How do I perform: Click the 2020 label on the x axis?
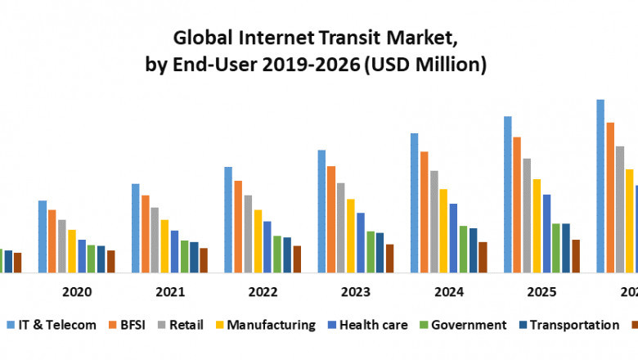[77, 292]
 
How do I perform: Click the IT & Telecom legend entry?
[57, 325]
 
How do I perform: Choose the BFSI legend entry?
[133, 325]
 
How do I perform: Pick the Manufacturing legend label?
[271, 325]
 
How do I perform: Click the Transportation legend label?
[574, 325]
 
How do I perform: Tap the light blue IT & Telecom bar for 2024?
[415, 202]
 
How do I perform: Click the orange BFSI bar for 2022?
[238, 226]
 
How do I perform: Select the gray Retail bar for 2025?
[527, 214]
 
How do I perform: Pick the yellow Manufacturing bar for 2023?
[351, 235]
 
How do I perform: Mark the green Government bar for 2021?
[185, 256]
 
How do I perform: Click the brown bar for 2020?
[110, 261]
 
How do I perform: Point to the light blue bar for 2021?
[136, 227]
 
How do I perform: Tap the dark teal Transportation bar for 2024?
[473, 250]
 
